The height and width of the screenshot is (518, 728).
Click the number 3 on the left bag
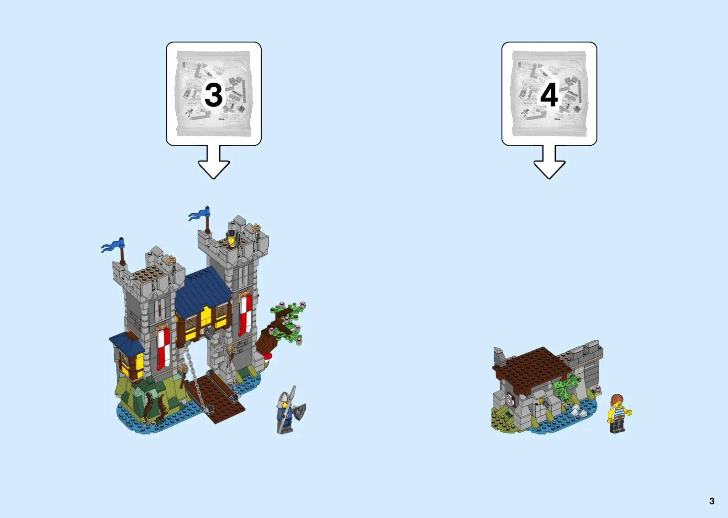click(x=213, y=95)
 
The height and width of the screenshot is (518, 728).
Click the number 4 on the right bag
click(x=549, y=95)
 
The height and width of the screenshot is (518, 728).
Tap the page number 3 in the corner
click(x=712, y=501)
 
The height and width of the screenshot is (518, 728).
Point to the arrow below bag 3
click(x=214, y=163)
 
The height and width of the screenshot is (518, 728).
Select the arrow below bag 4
click(x=549, y=163)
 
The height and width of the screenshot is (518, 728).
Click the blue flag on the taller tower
click(x=199, y=214)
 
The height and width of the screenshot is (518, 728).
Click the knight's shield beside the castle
click(x=300, y=412)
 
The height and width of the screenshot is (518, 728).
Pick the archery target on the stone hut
click(x=510, y=400)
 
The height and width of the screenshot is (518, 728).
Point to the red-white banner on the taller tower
click(x=245, y=314)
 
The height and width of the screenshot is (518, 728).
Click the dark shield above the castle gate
click(x=209, y=332)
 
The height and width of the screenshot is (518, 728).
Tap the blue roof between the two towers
click(x=203, y=291)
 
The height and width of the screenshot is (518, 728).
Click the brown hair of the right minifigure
click(x=616, y=398)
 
